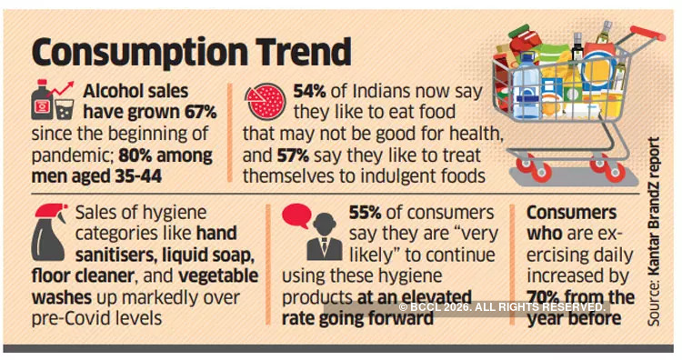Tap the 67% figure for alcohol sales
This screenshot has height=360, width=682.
click(x=196, y=113)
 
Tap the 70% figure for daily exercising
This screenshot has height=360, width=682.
click(x=547, y=296)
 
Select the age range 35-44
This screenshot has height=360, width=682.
click(x=131, y=175)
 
